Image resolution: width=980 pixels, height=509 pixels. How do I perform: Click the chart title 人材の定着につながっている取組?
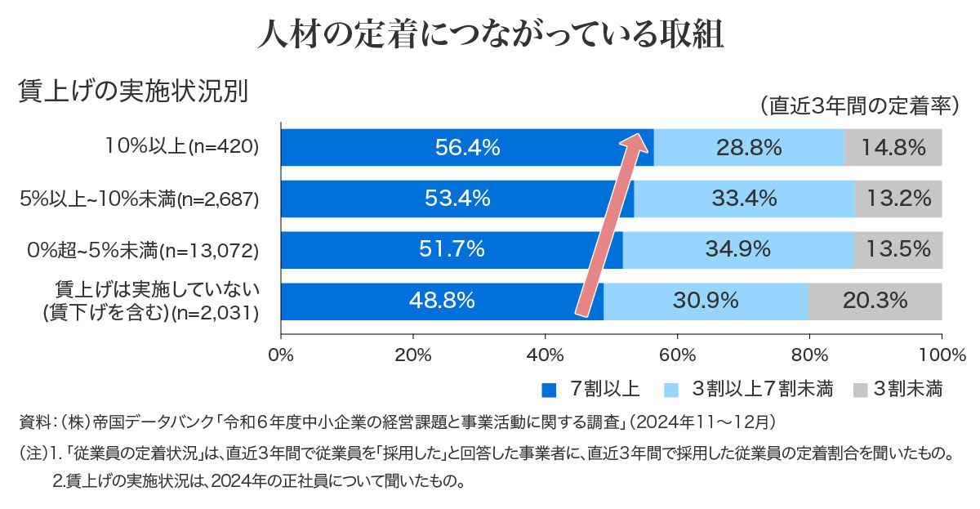tap(490, 34)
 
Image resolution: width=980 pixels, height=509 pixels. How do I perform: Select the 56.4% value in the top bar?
tap(467, 148)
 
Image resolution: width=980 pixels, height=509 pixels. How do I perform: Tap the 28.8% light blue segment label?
tap(749, 148)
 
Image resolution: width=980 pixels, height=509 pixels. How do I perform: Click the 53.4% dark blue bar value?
tap(457, 199)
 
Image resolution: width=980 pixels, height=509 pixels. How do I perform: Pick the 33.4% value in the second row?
tap(744, 199)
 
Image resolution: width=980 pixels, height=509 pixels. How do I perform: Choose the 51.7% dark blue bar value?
tap(452, 250)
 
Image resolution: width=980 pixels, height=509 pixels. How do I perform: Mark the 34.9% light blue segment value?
tap(738, 250)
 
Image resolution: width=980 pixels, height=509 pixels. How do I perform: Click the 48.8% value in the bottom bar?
tap(442, 301)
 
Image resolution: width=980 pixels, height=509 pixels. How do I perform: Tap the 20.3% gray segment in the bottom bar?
tap(875, 301)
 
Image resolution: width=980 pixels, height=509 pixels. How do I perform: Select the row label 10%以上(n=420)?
tap(181, 148)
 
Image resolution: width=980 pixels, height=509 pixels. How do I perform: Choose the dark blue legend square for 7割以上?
tap(550, 388)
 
